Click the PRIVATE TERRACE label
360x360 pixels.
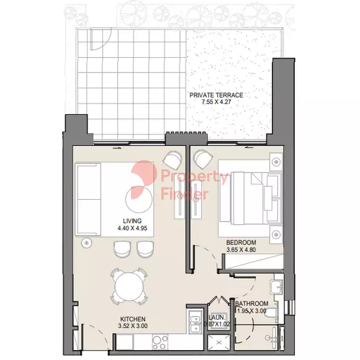tap(216, 95)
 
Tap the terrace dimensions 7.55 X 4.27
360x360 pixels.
tap(216, 102)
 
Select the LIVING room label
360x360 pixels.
tap(132, 221)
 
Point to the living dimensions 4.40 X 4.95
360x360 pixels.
tap(132, 228)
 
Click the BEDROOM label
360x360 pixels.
tap(241, 243)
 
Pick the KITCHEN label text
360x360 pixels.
tap(133, 319)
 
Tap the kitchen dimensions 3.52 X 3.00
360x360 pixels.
tap(133, 326)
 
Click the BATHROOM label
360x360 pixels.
tap(251, 304)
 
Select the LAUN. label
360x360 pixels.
tap(217, 318)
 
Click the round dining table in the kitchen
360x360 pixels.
tap(129, 286)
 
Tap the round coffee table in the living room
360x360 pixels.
tap(138, 199)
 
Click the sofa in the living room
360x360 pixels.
tap(88, 199)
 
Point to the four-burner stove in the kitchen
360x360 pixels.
tap(160, 342)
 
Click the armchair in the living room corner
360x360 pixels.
tap(172, 160)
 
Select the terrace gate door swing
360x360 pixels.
tap(101, 39)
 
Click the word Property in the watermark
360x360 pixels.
tap(195, 177)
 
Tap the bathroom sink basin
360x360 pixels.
tap(277, 287)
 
